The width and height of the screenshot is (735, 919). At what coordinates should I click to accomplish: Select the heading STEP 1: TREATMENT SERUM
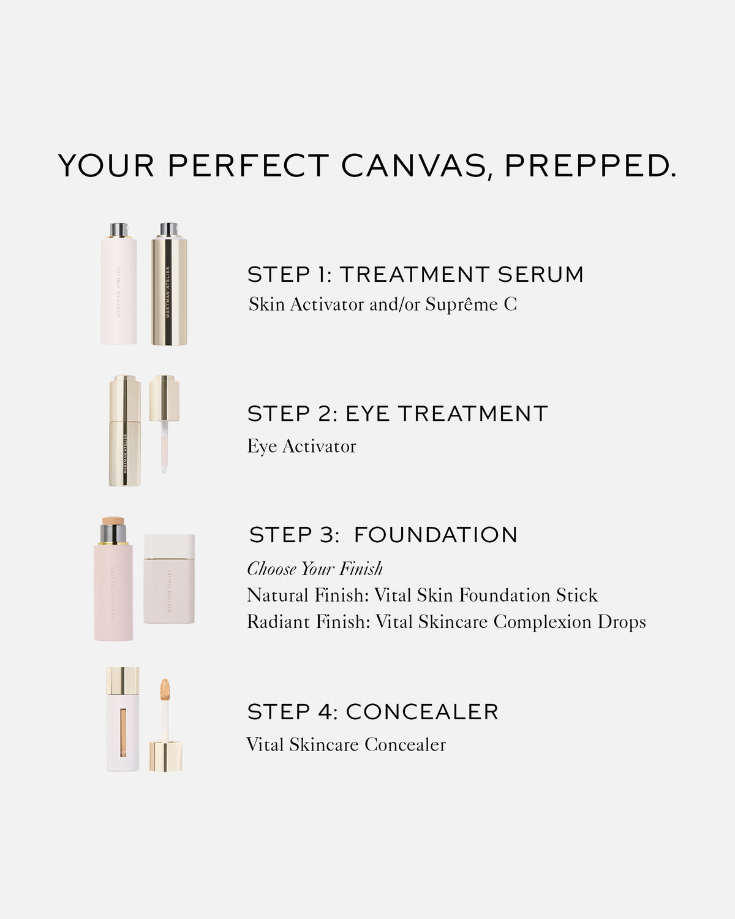(x=415, y=274)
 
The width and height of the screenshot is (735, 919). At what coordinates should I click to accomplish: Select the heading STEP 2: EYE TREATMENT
(x=398, y=414)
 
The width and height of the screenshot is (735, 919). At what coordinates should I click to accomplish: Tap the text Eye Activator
(x=301, y=447)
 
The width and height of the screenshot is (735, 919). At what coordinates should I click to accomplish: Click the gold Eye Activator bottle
(x=125, y=432)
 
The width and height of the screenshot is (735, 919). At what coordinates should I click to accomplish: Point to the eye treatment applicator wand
(x=164, y=441)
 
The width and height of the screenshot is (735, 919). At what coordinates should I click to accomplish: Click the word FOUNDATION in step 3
(x=435, y=535)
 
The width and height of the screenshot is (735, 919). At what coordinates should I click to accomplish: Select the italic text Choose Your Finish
(x=315, y=569)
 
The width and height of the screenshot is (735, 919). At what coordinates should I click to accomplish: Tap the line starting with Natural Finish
(x=422, y=596)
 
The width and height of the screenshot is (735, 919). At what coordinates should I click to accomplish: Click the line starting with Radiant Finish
(x=446, y=622)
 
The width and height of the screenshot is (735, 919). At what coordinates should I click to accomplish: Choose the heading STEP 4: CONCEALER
(x=373, y=712)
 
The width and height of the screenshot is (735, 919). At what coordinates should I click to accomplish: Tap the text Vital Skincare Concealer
(x=346, y=745)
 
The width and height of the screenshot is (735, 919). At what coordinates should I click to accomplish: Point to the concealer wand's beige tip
(x=165, y=690)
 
